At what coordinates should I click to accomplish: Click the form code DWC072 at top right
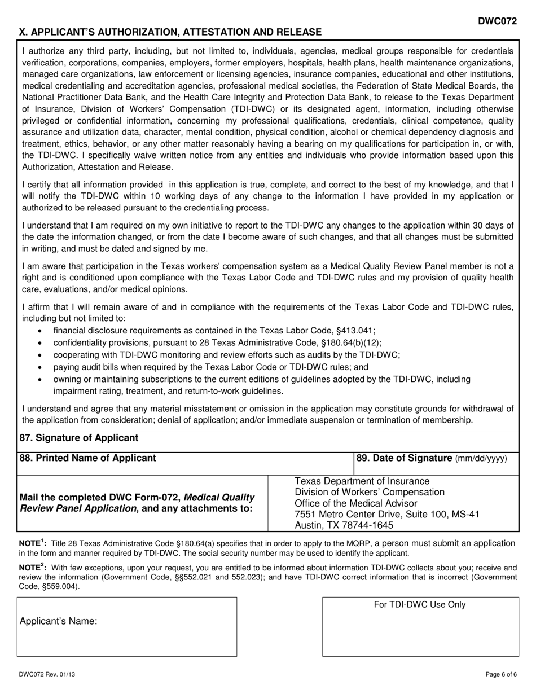pos(497,21)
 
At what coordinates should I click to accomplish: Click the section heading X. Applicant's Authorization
pos(170,32)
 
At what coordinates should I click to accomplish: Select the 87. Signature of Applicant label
pos(78,438)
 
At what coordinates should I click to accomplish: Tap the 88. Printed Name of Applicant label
pos(87,458)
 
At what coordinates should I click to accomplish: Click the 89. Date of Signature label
pos(432,458)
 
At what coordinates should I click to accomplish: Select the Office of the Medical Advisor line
pos(356,503)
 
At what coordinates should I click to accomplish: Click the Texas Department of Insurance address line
pos(362,481)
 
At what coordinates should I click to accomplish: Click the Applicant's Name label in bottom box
pos(59,621)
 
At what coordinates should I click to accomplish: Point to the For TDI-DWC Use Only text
pos(420,605)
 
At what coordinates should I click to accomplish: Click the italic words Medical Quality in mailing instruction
pos(219,497)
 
